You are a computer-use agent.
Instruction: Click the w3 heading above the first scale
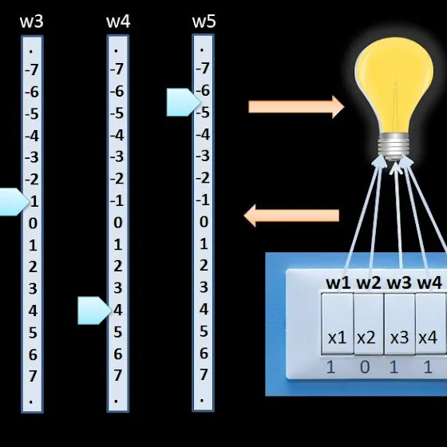pos(32,22)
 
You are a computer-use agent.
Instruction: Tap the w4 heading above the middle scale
pos(118,22)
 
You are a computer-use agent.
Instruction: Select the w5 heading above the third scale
pos(204,22)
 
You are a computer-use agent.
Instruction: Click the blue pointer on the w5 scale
pos(184,102)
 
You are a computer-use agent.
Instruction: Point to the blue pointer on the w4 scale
pos(95,311)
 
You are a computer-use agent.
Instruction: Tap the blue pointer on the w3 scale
pos(14,202)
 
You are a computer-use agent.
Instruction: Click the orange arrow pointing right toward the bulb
pos(296,107)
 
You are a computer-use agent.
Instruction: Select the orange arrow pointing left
pos(291,216)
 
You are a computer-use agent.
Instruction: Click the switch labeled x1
pos(337,324)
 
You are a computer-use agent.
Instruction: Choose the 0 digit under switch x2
pos(365,367)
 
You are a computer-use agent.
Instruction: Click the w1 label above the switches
pos(338,283)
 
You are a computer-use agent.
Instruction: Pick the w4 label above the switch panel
pos(429,283)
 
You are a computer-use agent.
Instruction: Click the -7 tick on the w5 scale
pos(203,69)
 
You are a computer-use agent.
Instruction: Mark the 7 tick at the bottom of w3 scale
pos(33,376)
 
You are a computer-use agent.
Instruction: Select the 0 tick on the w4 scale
pos(118,223)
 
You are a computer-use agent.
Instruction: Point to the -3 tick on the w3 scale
pos(32,157)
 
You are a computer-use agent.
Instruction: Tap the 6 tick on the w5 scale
pos(204,354)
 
